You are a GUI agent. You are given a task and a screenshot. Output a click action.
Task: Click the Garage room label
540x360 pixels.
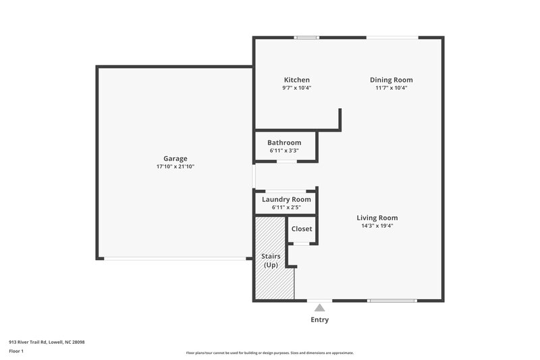coord(175,159)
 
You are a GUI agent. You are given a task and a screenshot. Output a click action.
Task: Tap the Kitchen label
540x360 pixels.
coord(297,80)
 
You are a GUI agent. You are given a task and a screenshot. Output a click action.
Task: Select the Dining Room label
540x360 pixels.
coord(391,80)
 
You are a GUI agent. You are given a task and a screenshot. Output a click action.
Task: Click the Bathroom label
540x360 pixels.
coord(284,143)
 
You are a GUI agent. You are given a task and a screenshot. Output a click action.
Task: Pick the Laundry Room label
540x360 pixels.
coord(286,199)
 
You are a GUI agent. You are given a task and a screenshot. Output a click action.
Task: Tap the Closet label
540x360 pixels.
coord(302,229)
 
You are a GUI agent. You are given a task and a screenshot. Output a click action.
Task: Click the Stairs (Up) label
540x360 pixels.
coord(271,261)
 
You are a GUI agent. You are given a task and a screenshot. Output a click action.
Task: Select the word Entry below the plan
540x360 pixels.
coord(320,319)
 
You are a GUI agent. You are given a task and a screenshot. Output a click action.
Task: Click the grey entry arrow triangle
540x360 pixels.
coord(320,307)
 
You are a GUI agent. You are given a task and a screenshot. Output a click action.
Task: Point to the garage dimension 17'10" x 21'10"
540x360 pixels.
coord(175,167)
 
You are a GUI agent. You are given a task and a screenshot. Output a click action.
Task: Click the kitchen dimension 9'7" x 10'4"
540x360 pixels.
coord(297,88)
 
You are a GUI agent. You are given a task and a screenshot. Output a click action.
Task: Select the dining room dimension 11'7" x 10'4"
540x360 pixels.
coord(391,88)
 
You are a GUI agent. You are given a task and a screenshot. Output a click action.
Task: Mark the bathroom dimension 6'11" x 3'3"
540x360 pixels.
coord(284,151)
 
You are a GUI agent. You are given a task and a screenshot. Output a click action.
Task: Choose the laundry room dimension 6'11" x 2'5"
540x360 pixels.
coord(286,207)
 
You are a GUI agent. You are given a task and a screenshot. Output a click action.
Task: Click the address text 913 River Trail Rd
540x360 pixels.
coord(47,342)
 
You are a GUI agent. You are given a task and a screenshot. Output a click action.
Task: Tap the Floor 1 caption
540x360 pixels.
coord(16,351)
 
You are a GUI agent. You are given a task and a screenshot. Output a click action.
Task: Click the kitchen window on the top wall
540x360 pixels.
coord(307,37)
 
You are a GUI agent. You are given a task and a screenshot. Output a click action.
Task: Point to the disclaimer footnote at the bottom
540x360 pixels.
coord(269,353)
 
